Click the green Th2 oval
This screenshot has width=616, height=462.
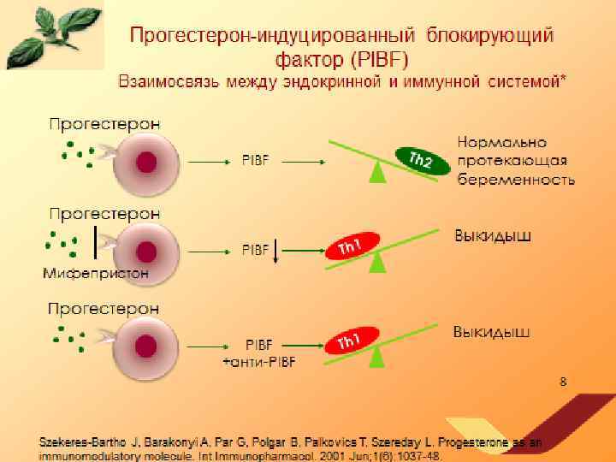(420, 159)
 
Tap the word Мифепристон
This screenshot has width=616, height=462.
(96, 275)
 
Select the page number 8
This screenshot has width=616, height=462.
(562, 382)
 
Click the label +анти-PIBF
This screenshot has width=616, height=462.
(258, 362)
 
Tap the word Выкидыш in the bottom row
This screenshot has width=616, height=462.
(491, 330)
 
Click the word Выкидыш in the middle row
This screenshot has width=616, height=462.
(491, 235)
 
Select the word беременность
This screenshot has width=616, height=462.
(516, 180)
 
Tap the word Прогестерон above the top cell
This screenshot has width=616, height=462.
(104, 123)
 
